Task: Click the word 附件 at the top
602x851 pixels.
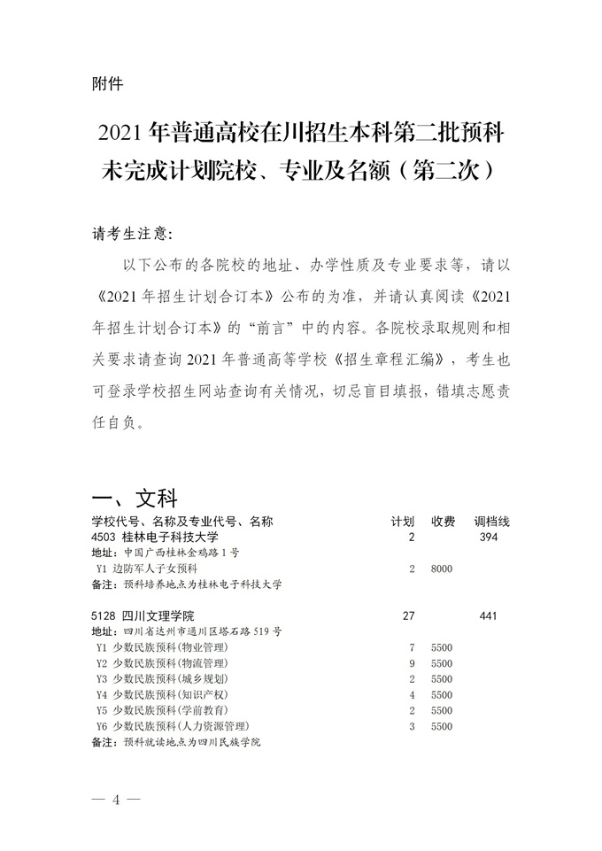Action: (107, 86)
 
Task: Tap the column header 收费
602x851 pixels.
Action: (443, 521)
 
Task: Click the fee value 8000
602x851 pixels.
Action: (441, 568)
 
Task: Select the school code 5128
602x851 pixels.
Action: (104, 615)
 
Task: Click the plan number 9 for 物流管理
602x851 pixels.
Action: (413, 662)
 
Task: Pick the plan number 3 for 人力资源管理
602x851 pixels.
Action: (413, 726)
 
